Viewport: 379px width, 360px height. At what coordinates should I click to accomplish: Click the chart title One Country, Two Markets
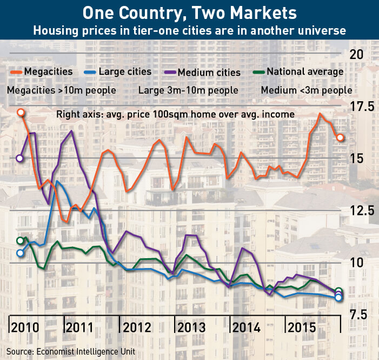click(x=189, y=13)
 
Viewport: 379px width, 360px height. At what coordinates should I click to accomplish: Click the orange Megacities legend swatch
click(x=16, y=72)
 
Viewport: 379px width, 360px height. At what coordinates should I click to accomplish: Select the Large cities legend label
click(x=125, y=71)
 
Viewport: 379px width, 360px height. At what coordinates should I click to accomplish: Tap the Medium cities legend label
click(x=209, y=73)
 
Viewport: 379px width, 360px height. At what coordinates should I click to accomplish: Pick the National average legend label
click(x=305, y=71)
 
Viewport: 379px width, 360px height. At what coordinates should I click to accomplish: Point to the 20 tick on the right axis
click(x=356, y=55)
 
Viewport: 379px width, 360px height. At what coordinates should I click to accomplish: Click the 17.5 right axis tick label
click(x=362, y=107)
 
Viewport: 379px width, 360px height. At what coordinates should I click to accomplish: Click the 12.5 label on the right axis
click(x=362, y=211)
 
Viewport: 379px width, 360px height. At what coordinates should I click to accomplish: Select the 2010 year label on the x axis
click(x=25, y=328)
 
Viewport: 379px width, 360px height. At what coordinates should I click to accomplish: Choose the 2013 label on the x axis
click(x=191, y=328)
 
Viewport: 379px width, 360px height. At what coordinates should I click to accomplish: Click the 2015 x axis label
click(x=302, y=328)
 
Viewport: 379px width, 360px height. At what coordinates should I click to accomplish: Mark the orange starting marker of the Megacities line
click(x=21, y=113)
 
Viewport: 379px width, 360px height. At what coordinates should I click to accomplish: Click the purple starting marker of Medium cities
click(x=19, y=159)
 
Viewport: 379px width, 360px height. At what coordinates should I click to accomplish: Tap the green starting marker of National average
click(x=21, y=241)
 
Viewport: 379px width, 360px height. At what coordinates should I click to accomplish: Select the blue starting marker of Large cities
click(x=21, y=253)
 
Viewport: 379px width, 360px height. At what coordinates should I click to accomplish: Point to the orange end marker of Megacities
click(x=340, y=138)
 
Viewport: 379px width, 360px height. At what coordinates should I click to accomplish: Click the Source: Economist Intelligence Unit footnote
click(x=71, y=351)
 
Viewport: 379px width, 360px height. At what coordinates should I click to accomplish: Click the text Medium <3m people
click(x=307, y=90)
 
